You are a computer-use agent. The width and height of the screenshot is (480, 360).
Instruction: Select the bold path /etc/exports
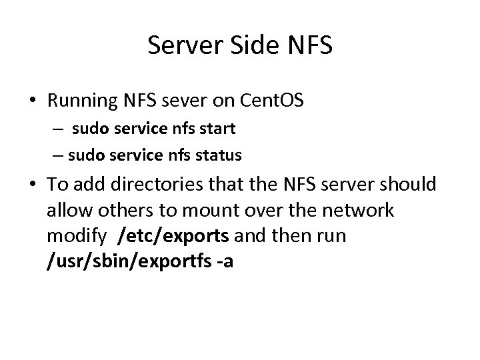point(173,237)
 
